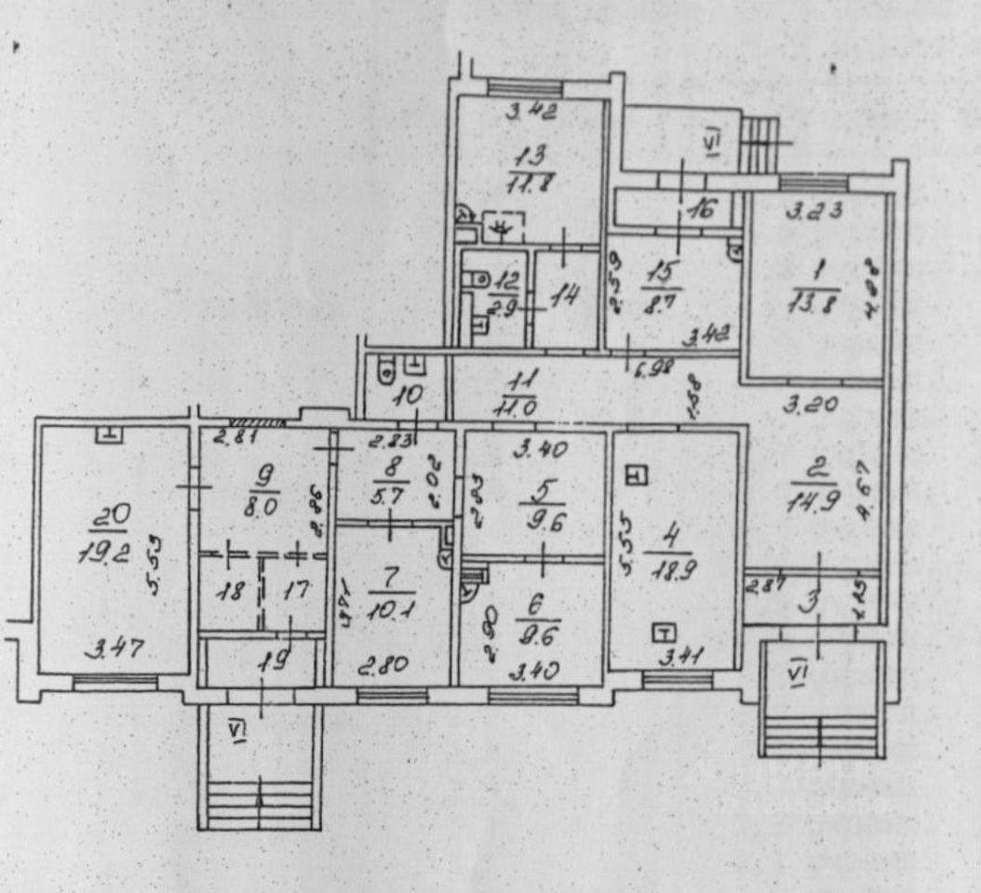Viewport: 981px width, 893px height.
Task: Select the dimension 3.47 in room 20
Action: pyautogui.click(x=112, y=647)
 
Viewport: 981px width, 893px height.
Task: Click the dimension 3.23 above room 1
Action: pyautogui.click(x=813, y=210)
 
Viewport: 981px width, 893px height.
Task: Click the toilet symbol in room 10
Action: pyautogui.click(x=383, y=373)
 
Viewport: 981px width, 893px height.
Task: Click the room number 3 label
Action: pyautogui.click(x=811, y=602)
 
